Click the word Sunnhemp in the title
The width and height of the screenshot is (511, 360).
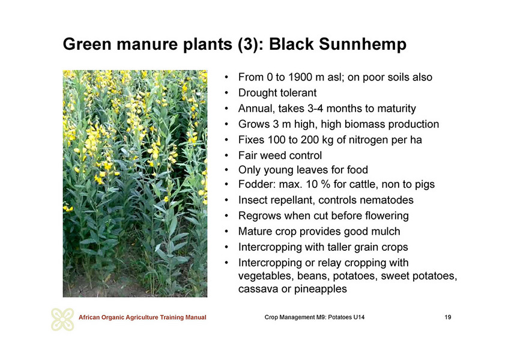tap(363, 44)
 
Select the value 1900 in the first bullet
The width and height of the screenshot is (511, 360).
tap(304, 77)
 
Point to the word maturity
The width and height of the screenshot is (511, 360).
tap(396, 109)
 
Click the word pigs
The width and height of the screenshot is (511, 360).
tap(425, 185)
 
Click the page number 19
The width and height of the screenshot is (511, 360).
tap(448, 317)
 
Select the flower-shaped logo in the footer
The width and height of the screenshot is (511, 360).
tap(62, 319)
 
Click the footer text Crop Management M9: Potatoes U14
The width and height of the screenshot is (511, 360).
tap(315, 317)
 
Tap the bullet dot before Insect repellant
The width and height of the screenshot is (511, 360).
tap(226, 200)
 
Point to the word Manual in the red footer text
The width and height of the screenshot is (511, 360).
tap(196, 317)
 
